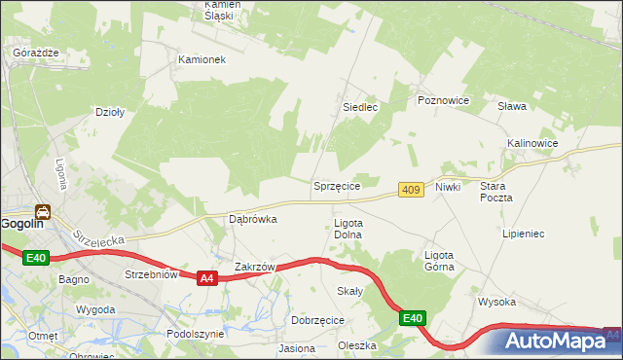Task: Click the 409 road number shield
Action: pyautogui.click(x=410, y=190)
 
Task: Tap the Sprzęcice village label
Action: pyautogui.click(x=337, y=185)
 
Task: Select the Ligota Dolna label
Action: pyautogui.click(x=348, y=229)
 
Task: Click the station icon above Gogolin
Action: pyautogui.click(x=43, y=211)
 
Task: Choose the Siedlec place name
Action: pyautogui.click(x=359, y=107)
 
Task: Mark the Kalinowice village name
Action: pyautogui.click(x=532, y=143)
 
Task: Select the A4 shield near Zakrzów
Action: pyautogui.click(x=205, y=278)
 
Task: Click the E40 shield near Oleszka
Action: pyautogui.click(x=412, y=317)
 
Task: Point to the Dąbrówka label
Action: pyautogui.click(x=252, y=219)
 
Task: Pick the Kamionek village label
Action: pyautogui.click(x=202, y=59)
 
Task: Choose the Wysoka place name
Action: pyautogui.click(x=496, y=302)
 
